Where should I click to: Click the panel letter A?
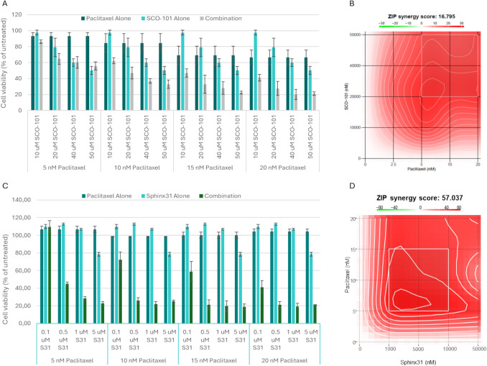(x=5, y=6)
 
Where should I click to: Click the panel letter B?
(x=351, y=6)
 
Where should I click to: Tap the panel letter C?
(x=5, y=186)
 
